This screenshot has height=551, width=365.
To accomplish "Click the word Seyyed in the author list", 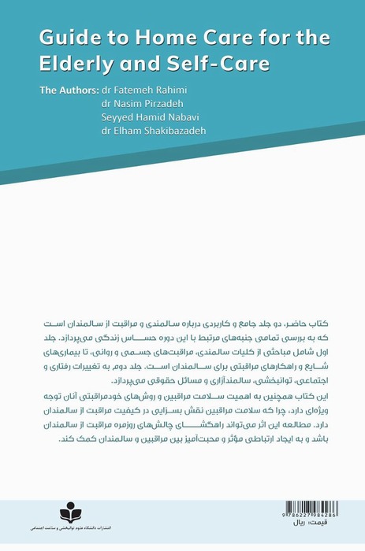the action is click(x=117, y=116).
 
